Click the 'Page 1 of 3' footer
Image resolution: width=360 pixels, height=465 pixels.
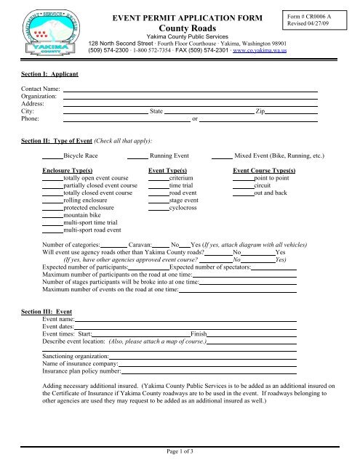179,452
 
